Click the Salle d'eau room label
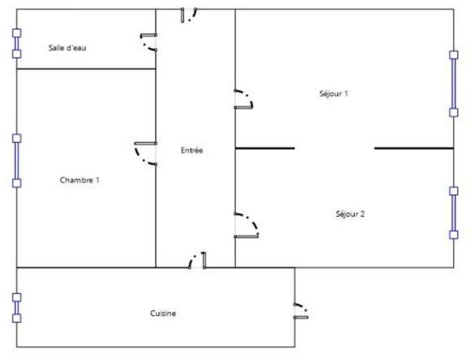pyautogui.click(x=67, y=48)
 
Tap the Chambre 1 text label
pyautogui.click(x=79, y=180)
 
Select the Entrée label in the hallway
pyautogui.click(x=192, y=150)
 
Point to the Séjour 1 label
pyautogui.click(x=334, y=94)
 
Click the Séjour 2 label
pyautogui.click(x=350, y=214)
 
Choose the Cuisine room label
pyautogui.click(x=163, y=314)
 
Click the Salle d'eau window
pyautogui.click(x=17, y=44)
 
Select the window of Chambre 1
pyautogui.click(x=17, y=160)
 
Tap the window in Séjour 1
pyautogui.click(x=453, y=84)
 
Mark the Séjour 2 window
pyautogui.click(x=453, y=212)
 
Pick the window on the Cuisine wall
pyautogui.click(x=17, y=308)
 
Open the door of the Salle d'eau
pyautogui.click(x=149, y=42)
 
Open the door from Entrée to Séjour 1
pyautogui.click(x=244, y=100)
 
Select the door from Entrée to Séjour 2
pyautogui.click(x=245, y=225)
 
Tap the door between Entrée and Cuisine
pyautogui.click(x=197, y=260)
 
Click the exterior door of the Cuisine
pyautogui.click(x=301, y=311)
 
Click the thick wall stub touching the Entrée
pyautogui.click(x=265, y=148)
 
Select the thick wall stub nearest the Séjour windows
pyautogui.click(x=414, y=148)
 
